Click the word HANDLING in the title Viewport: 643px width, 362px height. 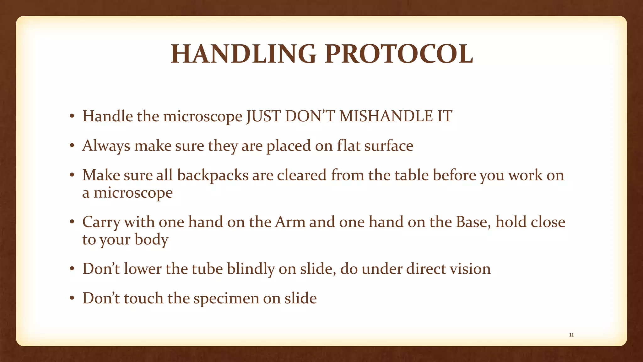point(243,54)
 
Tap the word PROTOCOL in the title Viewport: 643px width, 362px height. point(399,54)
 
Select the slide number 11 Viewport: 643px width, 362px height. point(571,335)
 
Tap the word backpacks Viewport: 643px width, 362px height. point(213,175)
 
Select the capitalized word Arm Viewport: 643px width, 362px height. point(290,222)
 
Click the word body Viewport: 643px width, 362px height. point(151,240)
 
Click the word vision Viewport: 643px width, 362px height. point(470,269)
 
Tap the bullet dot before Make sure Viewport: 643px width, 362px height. point(72,176)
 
